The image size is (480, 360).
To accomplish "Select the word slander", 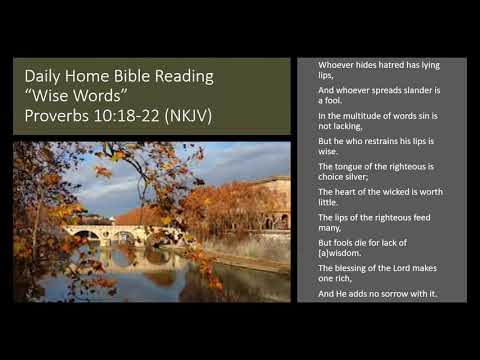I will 407,90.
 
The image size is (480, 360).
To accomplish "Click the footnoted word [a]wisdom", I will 340,253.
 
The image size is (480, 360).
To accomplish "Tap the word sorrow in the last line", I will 399,295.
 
